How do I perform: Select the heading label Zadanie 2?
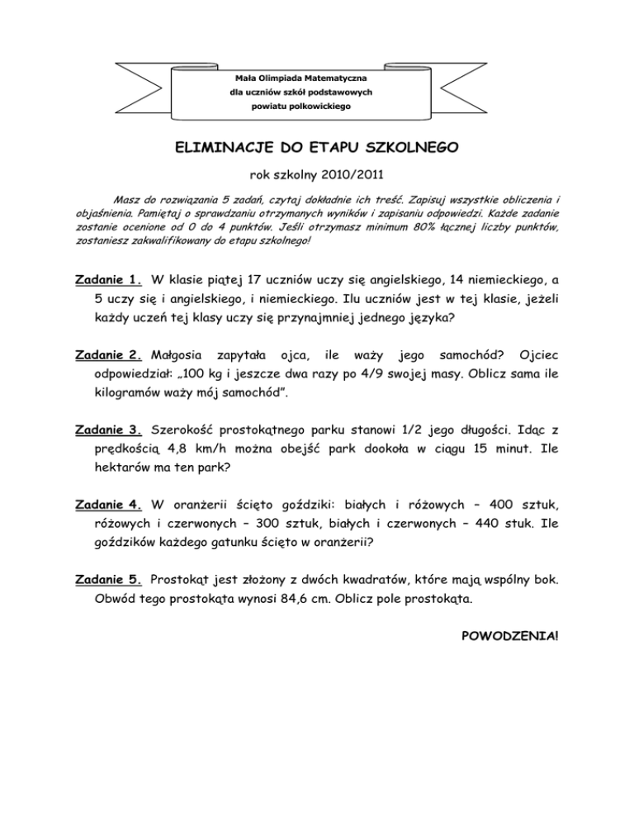click(108, 355)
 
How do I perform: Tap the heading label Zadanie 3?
click(108, 431)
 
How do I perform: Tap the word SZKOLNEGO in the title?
click(414, 149)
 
